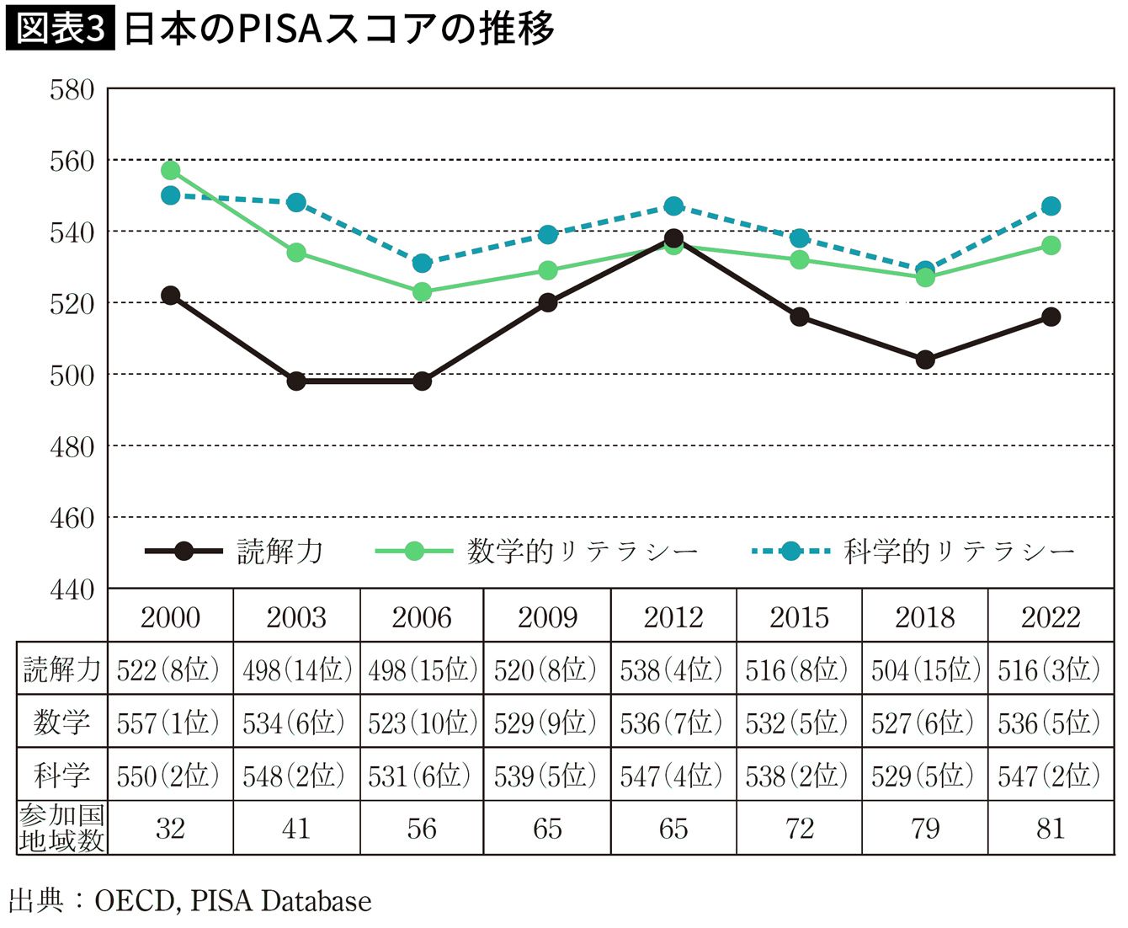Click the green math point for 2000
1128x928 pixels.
[171, 170]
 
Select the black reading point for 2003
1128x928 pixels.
[296, 381]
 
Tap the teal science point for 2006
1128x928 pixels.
[422, 264]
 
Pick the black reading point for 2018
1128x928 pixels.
[925, 360]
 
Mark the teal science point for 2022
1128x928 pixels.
[1051, 206]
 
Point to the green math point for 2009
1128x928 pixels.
[548, 270]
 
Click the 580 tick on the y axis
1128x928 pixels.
[72, 89]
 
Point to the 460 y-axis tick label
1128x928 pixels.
[72, 517]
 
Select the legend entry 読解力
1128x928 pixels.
[236, 552]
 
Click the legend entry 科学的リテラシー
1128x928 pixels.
[913, 552]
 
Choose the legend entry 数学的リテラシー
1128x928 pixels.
[539, 552]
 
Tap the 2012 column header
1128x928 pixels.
[673, 617]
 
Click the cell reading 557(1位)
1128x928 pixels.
[168, 723]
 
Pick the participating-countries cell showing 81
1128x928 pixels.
[1051, 829]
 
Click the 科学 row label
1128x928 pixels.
[61, 775]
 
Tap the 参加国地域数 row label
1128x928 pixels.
[61, 829]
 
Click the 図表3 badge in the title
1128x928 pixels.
[61, 29]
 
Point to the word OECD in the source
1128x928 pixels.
[134, 901]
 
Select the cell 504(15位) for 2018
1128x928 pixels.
[925, 670]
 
